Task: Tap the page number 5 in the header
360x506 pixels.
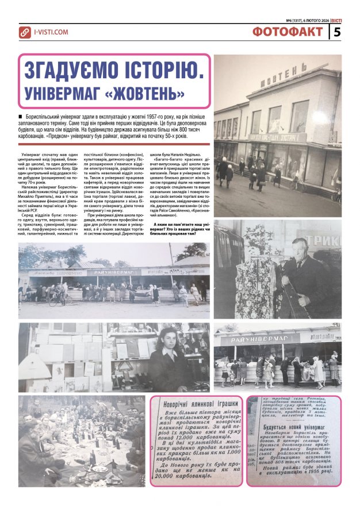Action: coord(338,32)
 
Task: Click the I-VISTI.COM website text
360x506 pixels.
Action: coord(51,33)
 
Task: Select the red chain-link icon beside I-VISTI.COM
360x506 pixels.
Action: coord(25,33)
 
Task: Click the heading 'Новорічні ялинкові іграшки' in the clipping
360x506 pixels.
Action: coord(198,404)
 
